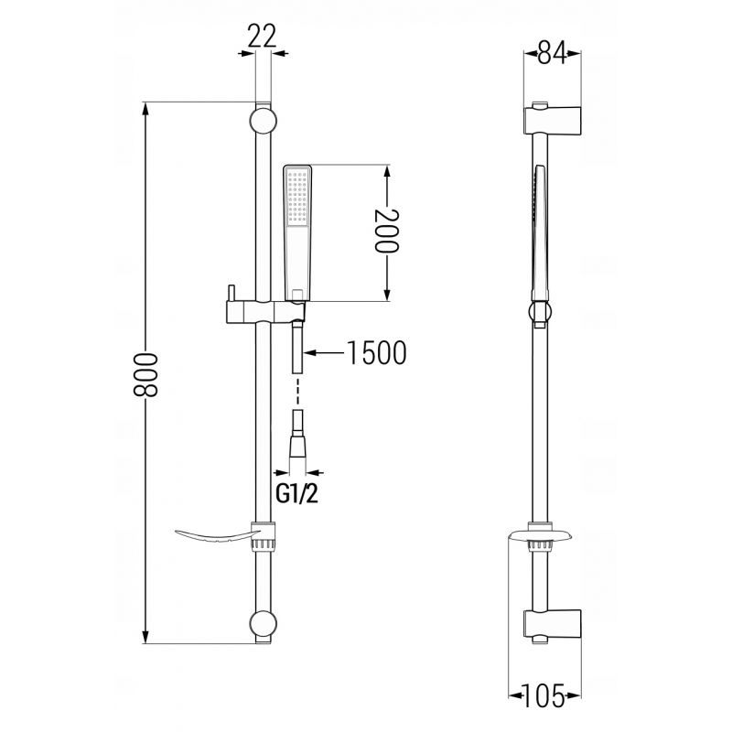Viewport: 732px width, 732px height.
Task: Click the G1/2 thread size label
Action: pyautogui.click(x=297, y=494)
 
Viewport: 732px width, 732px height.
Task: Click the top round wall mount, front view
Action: pyautogui.click(x=262, y=120)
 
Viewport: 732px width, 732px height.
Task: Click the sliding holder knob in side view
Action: pyautogui.click(x=540, y=312)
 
